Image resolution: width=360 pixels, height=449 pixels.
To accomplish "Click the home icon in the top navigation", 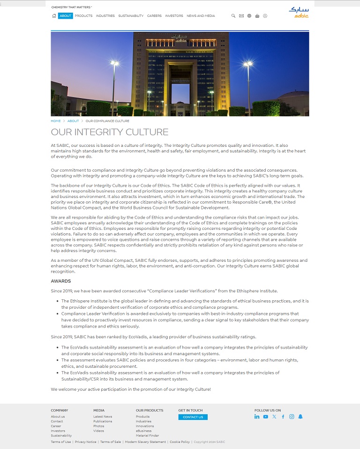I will point(54,16).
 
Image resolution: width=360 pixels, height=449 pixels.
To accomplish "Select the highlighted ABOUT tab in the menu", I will point(66,16).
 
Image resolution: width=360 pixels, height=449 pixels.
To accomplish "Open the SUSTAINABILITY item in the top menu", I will point(131,16).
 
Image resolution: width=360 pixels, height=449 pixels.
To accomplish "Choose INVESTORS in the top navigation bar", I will point(174,16).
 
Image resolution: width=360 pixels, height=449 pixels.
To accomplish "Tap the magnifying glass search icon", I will point(233,16).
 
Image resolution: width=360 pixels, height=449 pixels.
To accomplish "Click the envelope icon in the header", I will point(241,16).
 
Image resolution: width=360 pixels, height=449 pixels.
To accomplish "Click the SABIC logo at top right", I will point(299,12).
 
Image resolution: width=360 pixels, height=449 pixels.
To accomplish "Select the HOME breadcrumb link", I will point(56,121).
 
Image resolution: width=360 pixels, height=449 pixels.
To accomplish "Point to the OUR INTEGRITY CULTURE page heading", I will point(109,132).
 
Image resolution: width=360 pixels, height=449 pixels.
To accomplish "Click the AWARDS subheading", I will point(61,281).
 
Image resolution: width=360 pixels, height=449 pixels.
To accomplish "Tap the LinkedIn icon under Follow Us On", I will point(257,417).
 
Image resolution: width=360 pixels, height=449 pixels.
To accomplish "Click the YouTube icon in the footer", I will point(266,417).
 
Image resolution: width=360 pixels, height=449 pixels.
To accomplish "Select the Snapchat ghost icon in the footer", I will point(300,417).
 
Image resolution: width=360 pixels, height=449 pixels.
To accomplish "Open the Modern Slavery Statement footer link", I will point(145,442).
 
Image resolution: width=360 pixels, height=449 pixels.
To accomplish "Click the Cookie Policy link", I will point(180,442).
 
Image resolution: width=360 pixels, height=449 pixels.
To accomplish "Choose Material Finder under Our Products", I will point(147,435).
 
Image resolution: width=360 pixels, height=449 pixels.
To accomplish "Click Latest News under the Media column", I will point(103,417).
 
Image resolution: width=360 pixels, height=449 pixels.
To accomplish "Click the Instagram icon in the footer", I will point(292,417).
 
